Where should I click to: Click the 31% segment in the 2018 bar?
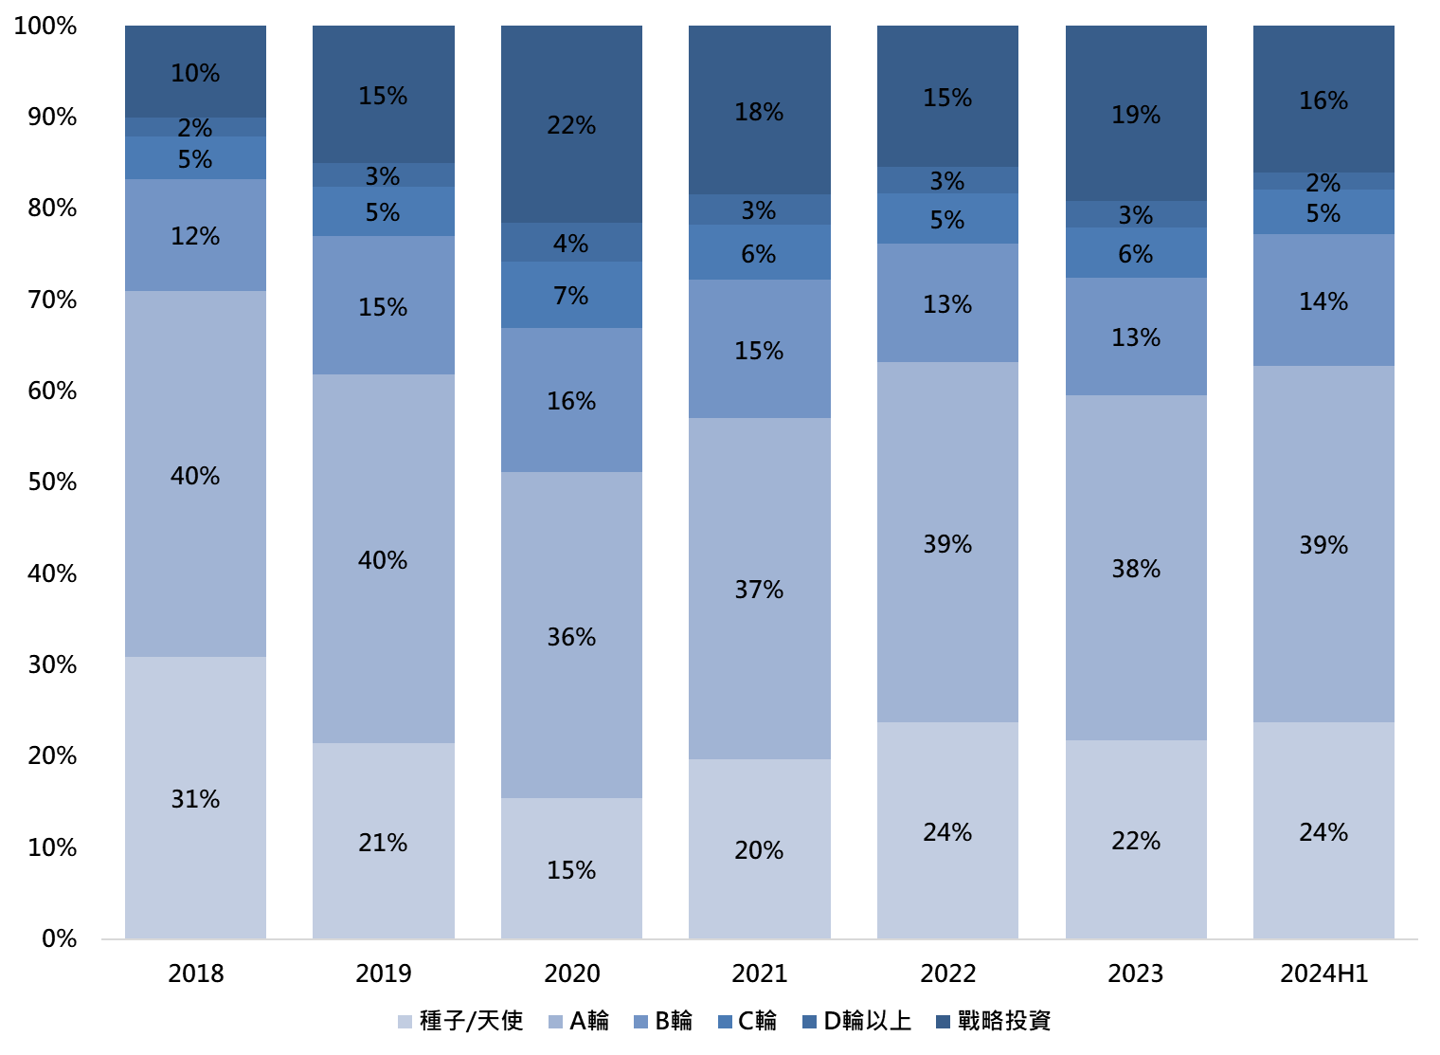coord(195,798)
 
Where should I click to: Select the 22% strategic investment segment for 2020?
coord(571,124)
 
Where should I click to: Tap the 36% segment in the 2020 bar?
coord(571,636)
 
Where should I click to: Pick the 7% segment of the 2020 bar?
coord(571,295)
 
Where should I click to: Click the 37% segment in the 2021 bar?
coord(759,589)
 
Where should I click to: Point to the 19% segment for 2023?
coord(1136,113)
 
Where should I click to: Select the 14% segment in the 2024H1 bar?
coord(1323,300)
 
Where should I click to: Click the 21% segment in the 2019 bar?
coord(383,842)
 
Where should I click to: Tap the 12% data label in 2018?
coord(195,236)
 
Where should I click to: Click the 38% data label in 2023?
coord(1136,569)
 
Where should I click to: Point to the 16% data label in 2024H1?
coord(1323,100)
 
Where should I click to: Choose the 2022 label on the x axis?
coord(947,973)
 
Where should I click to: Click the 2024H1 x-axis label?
coord(1323,973)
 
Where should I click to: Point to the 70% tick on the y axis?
coord(52,300)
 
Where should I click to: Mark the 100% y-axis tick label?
coord(45,26)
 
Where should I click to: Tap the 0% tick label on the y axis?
coord(59,939)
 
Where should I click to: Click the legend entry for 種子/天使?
coord(460,1021)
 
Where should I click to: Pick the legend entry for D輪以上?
coord(857,1021)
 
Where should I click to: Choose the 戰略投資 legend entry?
coord(993,1021)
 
